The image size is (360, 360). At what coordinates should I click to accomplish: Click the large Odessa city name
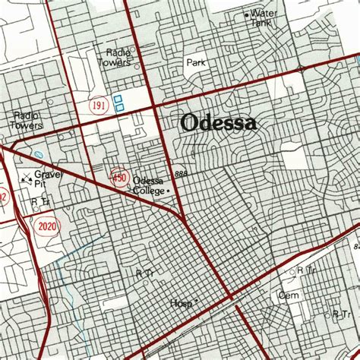(219, 123)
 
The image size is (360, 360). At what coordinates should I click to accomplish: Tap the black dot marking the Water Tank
(246, 14)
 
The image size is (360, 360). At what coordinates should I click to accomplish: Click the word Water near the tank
(264, 13)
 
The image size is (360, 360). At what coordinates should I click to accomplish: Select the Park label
(196, 63)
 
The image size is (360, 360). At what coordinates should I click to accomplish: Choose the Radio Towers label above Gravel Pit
(27, 120)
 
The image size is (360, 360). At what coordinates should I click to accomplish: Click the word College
(149, 191)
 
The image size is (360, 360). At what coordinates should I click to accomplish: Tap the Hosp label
(181, 303)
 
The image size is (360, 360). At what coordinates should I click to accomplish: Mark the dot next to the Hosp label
(196, 301)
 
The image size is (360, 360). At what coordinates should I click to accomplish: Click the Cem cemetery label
(289, 294)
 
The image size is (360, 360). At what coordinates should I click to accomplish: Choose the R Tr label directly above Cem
(306, 270)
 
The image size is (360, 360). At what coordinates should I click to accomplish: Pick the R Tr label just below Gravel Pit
(40, 201)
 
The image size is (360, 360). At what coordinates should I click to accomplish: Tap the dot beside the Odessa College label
(169, 191)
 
